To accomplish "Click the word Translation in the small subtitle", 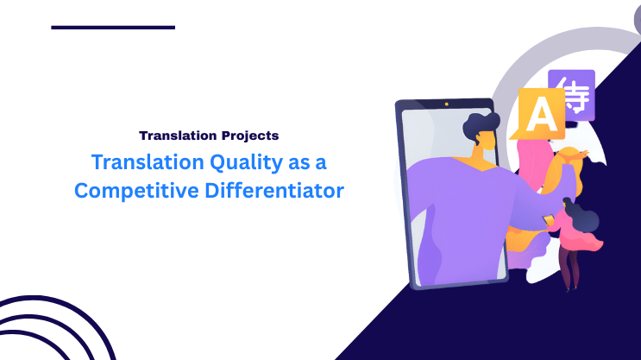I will tap(176, 136).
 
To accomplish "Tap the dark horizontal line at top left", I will tap(113, 28).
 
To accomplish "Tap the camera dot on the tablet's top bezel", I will tap(447, 104).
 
